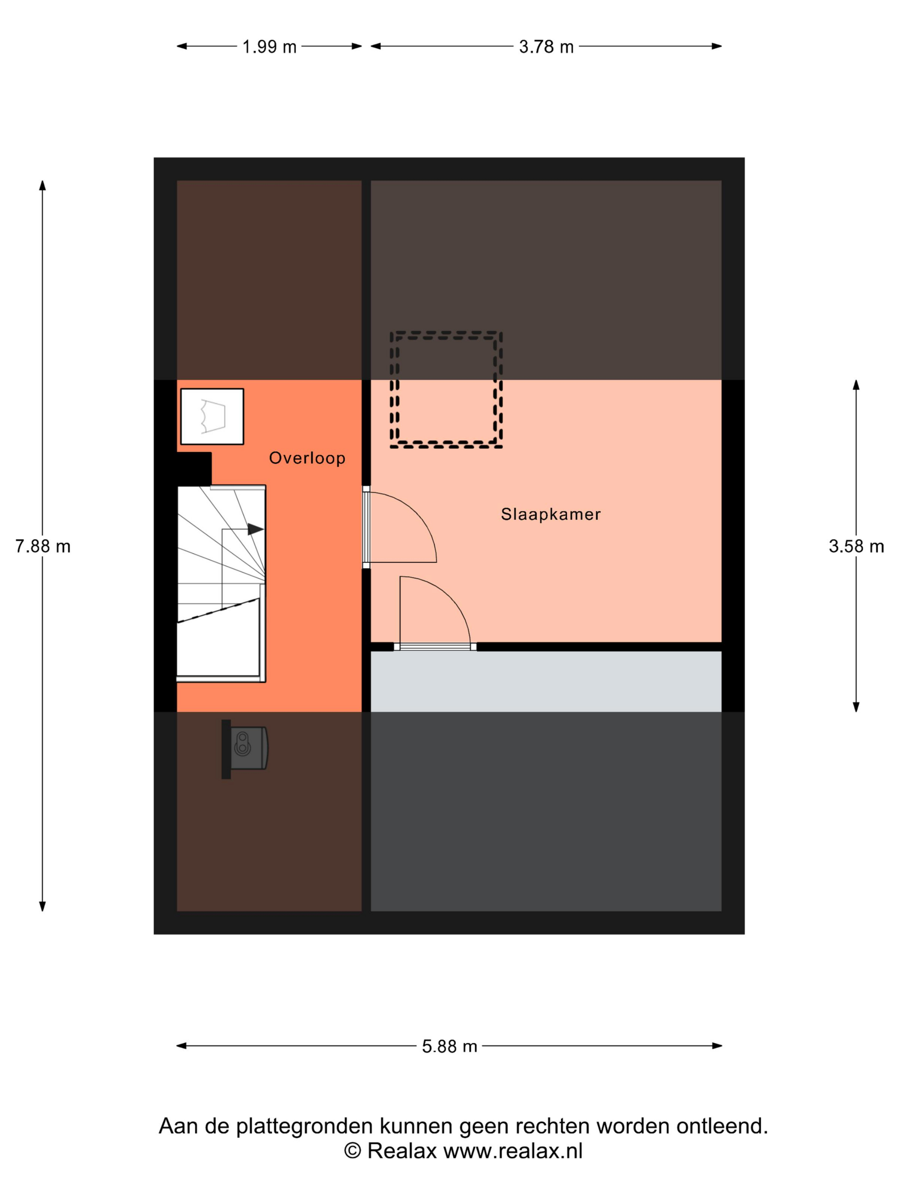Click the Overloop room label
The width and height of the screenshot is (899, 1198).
pos(307,458)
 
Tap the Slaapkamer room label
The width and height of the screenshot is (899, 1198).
pos(551,514)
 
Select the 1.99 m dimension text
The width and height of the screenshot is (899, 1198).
pos(269,47)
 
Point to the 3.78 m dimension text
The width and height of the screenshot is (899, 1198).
pos(546,47)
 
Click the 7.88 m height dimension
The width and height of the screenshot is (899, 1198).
pos(43,546)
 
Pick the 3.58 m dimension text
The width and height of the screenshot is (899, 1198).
pos(856,546)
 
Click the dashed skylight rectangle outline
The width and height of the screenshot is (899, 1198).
pos(446,332)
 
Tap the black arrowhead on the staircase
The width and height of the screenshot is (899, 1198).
pos(256,529)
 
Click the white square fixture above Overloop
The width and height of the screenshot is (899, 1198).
pos(212,416)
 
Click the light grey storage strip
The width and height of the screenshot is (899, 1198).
pos(546,681)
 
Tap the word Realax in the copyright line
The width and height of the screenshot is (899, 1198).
pos(402,1151)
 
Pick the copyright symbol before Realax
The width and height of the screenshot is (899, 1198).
pos(352,1151)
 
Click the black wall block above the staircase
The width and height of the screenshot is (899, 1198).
pos(194,469)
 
